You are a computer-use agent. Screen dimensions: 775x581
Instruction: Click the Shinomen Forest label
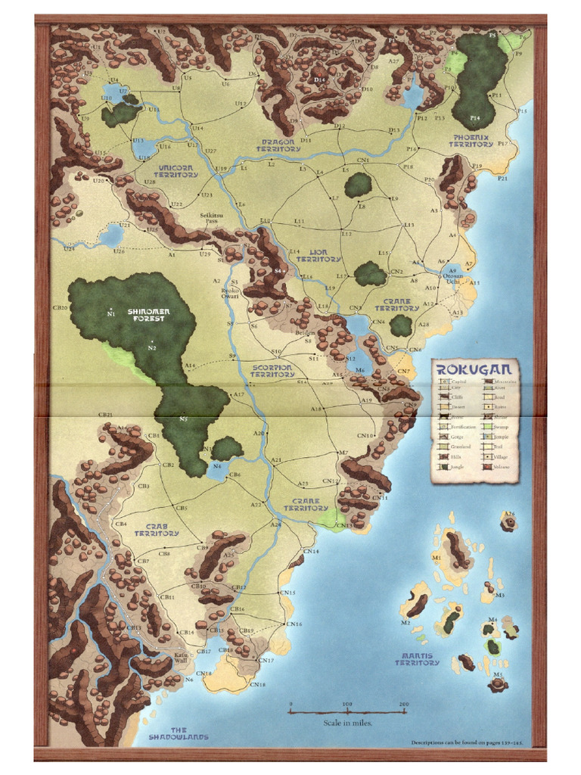point(148,315)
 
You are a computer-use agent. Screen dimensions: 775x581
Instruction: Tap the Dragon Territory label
point(278,145)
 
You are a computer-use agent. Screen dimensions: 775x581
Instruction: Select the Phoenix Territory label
point(471,141)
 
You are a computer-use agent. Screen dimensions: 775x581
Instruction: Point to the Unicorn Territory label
point(175,171)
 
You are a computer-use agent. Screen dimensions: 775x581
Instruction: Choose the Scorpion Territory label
point(272,371)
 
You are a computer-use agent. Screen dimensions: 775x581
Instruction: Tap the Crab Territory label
point(157,529)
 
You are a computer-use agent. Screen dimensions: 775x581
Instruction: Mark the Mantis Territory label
point(416,659)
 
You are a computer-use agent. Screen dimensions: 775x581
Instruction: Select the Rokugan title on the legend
point(474,369)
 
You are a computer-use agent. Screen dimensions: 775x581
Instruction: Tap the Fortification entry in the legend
point(460,427)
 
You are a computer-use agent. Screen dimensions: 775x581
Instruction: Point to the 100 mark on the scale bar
point(346,705)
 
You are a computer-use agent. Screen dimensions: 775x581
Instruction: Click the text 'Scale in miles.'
point(348,723)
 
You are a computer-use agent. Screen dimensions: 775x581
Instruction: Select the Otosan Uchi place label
point(452,278)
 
